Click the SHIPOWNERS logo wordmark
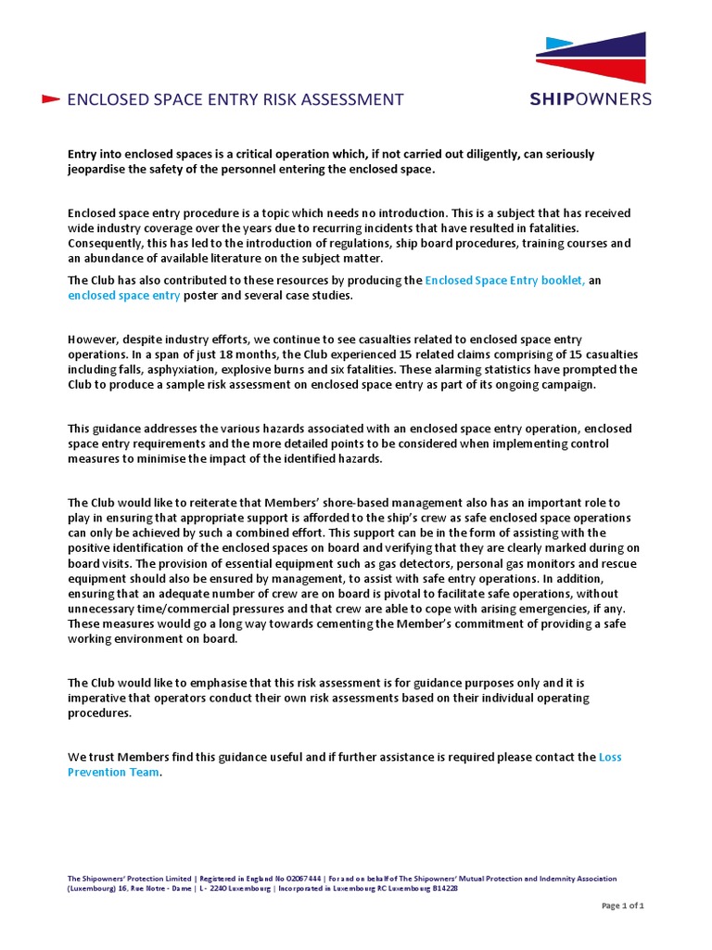pos(591,98)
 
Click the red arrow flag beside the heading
pos(51,99)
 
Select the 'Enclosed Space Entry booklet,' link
pos(504,280)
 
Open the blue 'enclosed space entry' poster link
pos(124,296)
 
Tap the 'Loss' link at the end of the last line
pos(611,757)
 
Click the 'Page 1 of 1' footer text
pos(623,906)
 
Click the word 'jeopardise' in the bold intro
pos(97,170)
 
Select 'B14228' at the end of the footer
pos(439,888)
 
